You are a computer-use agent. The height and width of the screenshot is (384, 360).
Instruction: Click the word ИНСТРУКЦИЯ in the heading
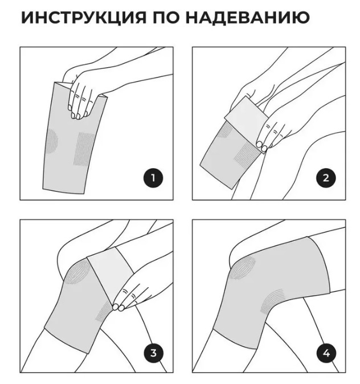[x=84, y=18]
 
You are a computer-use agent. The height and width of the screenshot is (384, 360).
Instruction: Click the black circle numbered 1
[x=153, y=178]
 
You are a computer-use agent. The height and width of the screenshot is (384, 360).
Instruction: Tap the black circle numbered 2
[x=326, y=178]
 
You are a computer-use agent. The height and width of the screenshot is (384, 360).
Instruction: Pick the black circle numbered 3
[x=153, y=353]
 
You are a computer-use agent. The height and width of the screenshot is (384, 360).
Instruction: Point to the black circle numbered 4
[x=326, y=353]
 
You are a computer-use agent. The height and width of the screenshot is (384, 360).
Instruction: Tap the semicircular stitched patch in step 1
[x=52, y=141]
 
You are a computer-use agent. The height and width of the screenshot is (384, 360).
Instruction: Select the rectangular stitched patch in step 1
[x=84, y=148]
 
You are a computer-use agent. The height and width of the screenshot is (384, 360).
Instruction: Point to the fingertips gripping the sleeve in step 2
[x=261, y=145]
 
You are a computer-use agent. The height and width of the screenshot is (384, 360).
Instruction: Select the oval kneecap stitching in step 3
[x=76, y=272]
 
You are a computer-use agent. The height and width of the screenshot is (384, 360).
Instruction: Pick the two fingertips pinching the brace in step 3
[x=118, y=307]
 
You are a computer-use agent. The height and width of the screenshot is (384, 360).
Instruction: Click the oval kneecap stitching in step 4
[x=242, y=268]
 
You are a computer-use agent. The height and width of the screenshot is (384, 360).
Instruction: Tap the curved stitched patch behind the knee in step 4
[x=272, y=301]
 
